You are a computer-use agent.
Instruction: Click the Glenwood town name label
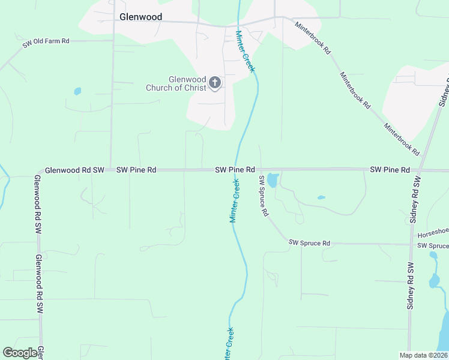(x=140, y=17)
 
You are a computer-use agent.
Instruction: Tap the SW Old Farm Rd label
(x=46, y=41)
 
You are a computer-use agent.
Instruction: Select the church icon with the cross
(x=215, y=83)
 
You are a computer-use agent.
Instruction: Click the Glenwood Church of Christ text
(x=176, y=83)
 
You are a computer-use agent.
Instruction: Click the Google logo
(x=20, y=353)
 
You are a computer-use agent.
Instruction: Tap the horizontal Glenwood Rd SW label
(x=74, y=170)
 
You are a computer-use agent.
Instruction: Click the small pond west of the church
(x=77, y=92)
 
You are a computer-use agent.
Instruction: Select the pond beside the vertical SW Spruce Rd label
(x=273, y=180)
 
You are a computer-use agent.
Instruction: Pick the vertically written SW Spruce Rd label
(x=262, y=197)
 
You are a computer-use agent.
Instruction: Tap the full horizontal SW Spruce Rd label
(x=309, y=243)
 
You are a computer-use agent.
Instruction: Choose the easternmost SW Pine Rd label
(x=390, y=170)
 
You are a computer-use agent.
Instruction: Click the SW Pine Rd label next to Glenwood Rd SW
(x=136, y=170)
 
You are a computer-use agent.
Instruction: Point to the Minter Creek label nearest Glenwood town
(x=246, y=51)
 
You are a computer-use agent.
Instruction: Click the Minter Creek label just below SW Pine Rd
(x=235, y=200)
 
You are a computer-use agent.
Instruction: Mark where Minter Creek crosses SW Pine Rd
(x=237, y=170)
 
